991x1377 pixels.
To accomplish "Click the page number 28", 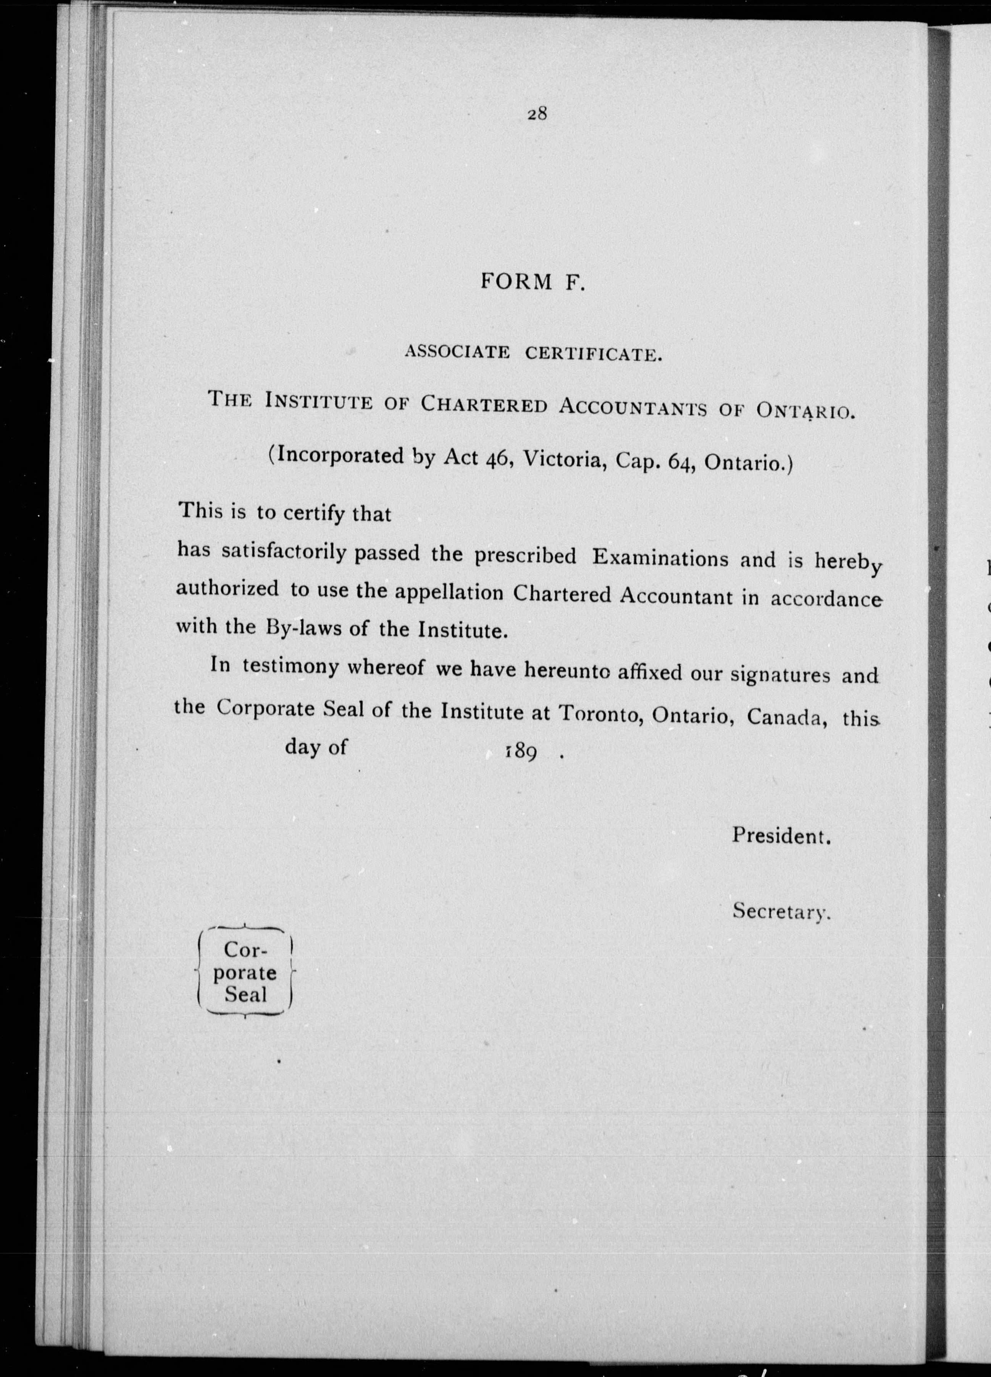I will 537,113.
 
